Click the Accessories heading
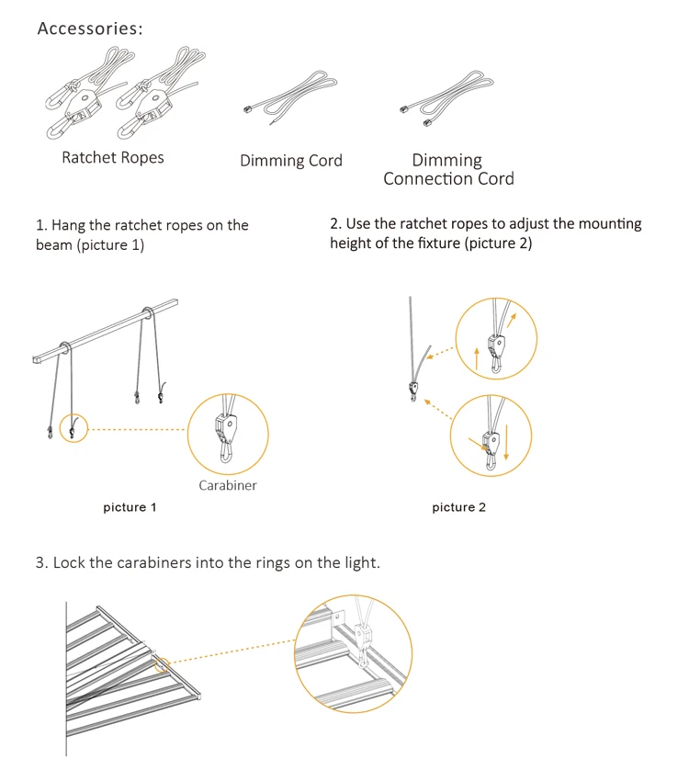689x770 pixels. click(90, 28)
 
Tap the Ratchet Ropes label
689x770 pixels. click(113, 158)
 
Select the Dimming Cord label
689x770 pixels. click(290, 161)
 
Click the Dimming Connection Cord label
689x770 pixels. click(448, 170)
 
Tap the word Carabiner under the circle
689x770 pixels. click(228, 485)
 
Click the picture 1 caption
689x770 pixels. click(130, 507)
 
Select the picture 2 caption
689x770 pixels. click(459, 507)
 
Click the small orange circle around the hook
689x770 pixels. click(73, 427)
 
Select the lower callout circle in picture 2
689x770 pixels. click(491, 435)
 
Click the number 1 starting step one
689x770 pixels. click(40, 225)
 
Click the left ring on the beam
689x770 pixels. click(66, 347)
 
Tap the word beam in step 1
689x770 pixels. click(53, 245)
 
